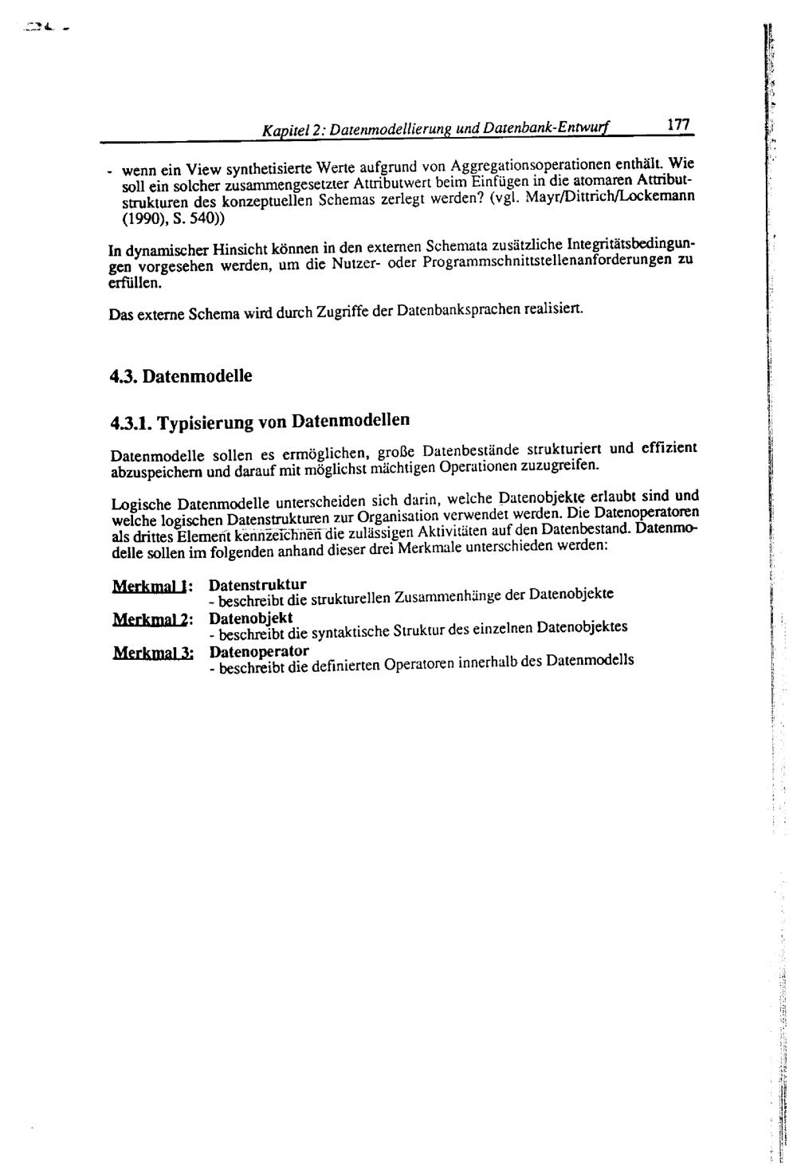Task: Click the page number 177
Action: (677, 124)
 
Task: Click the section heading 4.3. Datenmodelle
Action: (181, 375)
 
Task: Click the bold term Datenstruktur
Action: (257, 584)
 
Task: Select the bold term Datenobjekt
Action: (250, 618)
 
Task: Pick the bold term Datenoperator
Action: (259, 651)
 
